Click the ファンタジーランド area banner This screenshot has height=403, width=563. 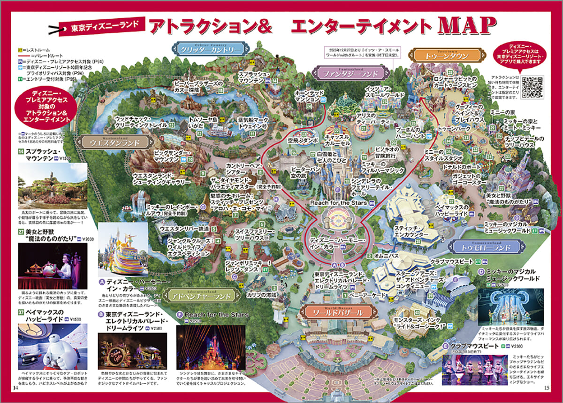(350, 73)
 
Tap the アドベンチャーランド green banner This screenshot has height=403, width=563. (201, 296)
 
